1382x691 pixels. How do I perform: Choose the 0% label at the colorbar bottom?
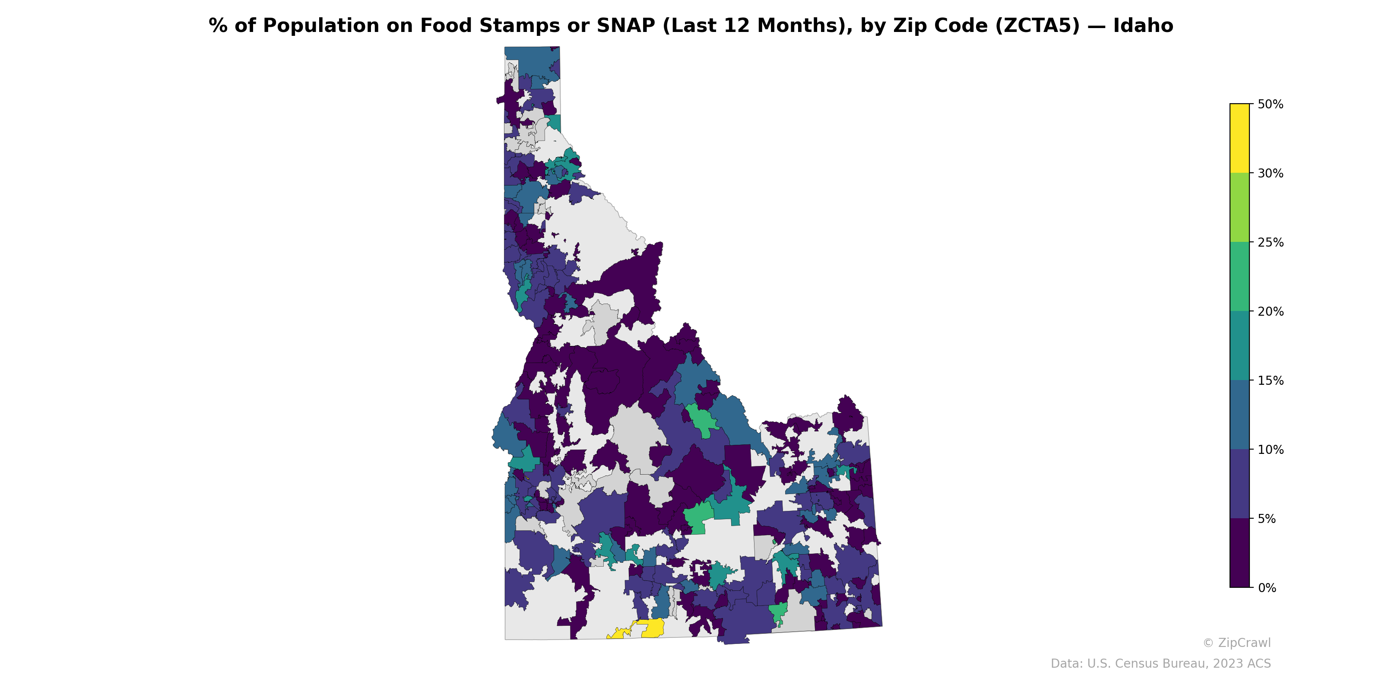click(1267, 588)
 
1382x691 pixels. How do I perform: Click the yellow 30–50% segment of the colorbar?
click(1239, 138)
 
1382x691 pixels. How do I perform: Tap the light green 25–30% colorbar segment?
click(1239, 208)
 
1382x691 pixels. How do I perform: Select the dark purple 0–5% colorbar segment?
click(1239, 553)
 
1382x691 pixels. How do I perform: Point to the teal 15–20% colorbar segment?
click(1239, 346)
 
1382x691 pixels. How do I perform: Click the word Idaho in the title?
click(1143, 26)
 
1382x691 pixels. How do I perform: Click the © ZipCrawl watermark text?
click(1236, 643)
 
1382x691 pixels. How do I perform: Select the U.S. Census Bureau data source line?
click(1160, 664)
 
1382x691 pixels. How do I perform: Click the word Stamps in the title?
click(521, 26)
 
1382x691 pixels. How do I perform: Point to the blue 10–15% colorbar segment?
click(1239, 415)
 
